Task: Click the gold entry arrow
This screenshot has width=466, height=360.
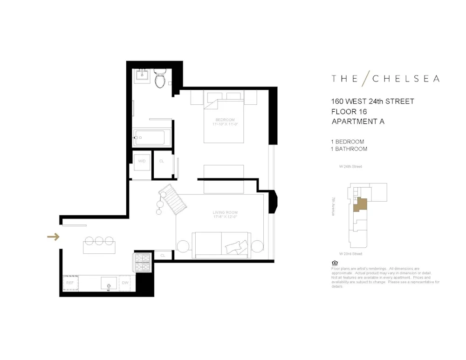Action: (54, 237)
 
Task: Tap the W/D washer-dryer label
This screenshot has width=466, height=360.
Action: (142, 161)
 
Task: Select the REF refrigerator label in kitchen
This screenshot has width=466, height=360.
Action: (70, 283)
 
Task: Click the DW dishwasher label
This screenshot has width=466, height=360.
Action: (125, 283)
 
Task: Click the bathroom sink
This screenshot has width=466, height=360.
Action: (141, 76)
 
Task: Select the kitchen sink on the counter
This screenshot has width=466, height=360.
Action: (109, 283)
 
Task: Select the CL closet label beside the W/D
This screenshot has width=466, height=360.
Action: (162, 161)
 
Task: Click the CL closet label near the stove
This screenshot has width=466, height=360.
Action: (163, 256)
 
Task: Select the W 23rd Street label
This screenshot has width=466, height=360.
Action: (350, 254)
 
